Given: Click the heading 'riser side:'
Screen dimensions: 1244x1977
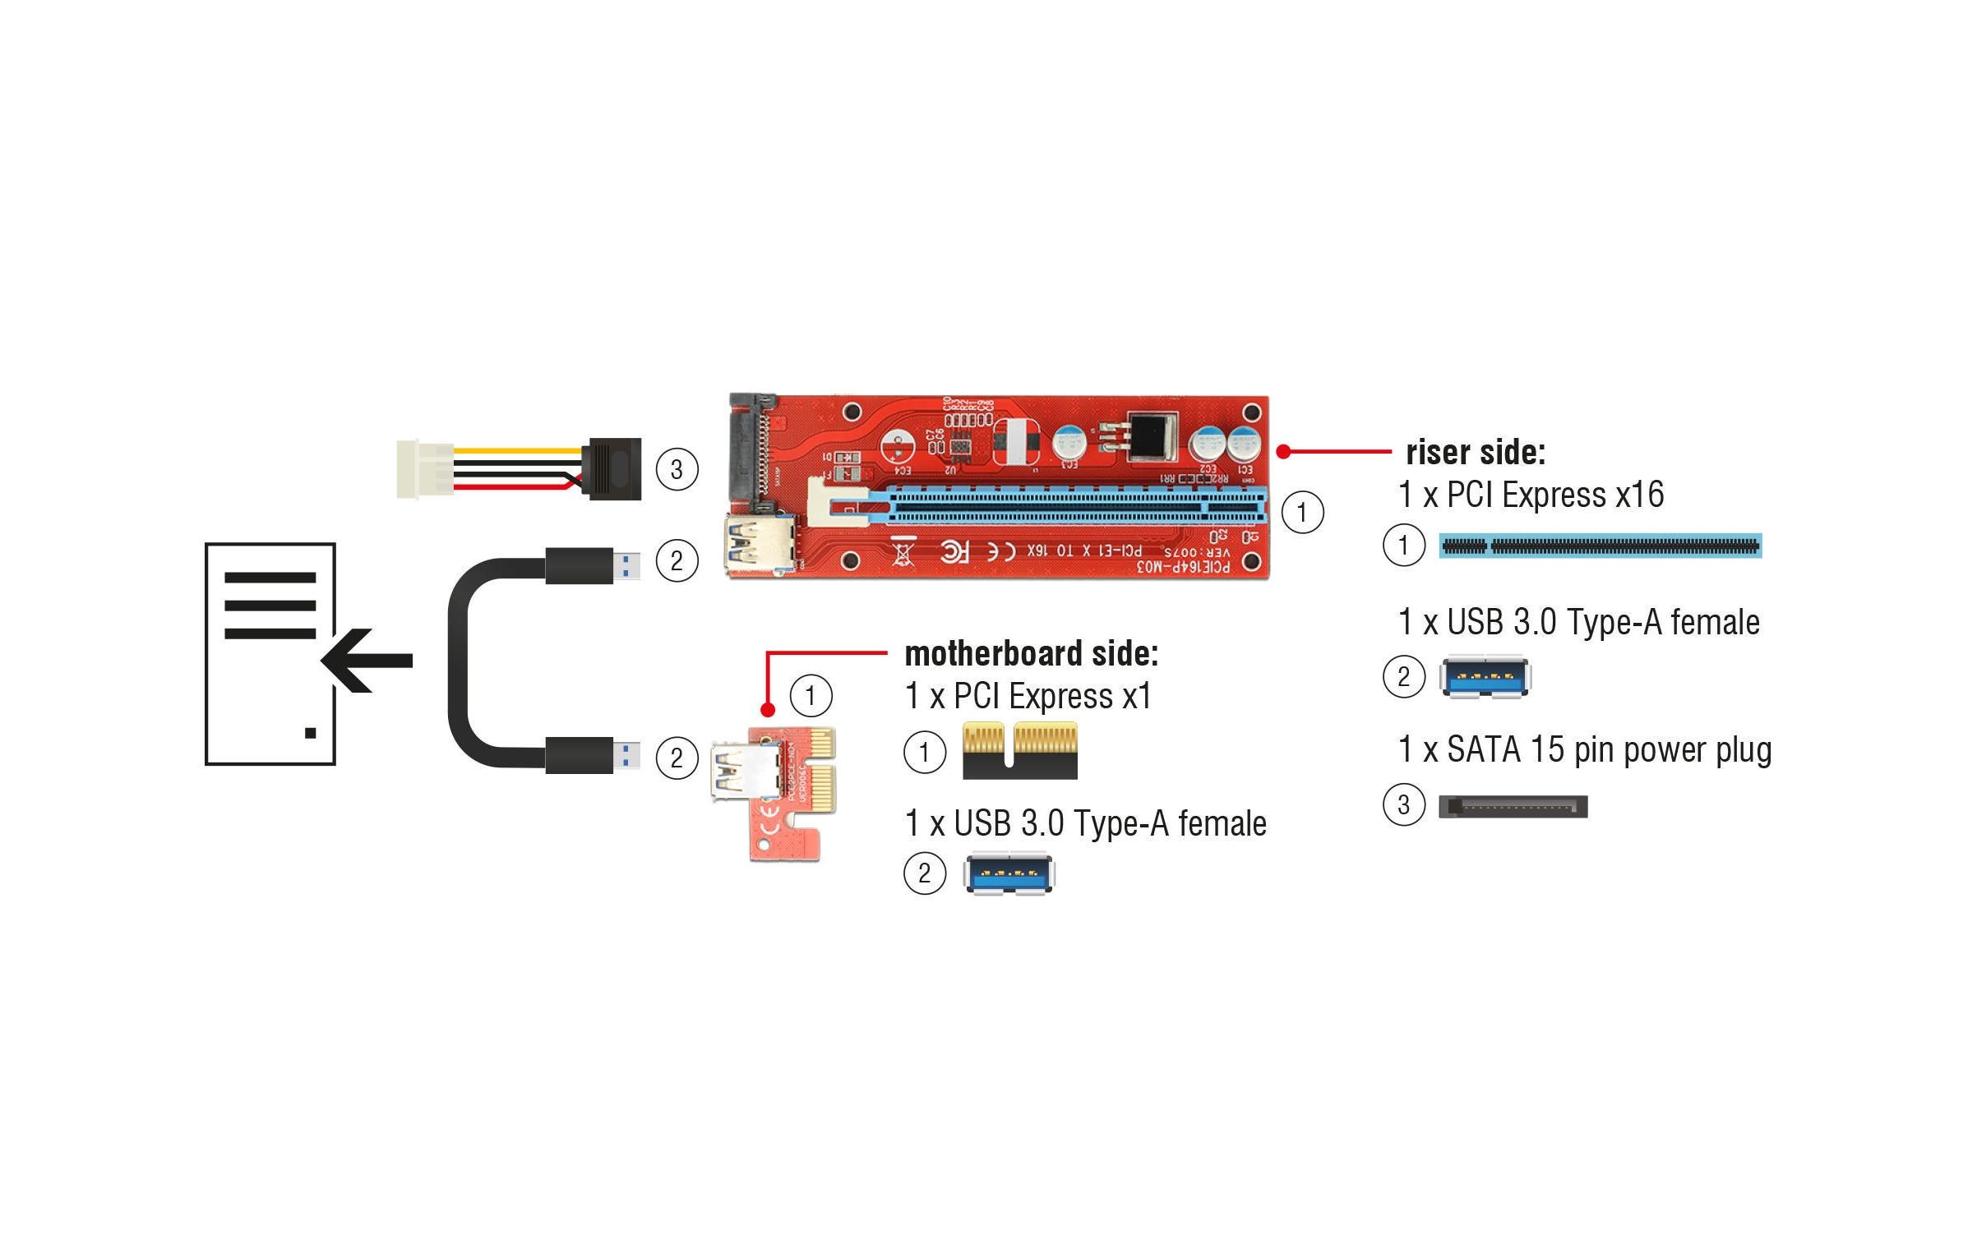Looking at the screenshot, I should [1475, 452].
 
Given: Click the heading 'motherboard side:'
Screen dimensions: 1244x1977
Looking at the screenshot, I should [1031, 653].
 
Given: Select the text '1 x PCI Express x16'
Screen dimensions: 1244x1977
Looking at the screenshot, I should [1531, 495].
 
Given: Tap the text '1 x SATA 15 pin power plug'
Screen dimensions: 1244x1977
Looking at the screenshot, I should [1584, 749].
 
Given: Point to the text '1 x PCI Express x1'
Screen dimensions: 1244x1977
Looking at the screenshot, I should [1028, 696].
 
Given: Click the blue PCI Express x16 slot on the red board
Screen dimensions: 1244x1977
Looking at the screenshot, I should [1069, 507].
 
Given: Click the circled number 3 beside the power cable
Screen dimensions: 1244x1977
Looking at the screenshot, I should [677, 469].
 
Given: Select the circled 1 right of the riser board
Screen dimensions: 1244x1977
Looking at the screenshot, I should [1302, 512].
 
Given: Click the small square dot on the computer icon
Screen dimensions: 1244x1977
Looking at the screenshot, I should [310, 733].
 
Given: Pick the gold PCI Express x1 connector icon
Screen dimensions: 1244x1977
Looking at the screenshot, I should [1019, 750].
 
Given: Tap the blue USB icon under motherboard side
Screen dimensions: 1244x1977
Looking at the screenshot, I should [1009, 874].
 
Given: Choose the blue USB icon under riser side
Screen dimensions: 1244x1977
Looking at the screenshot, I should [1485, 677].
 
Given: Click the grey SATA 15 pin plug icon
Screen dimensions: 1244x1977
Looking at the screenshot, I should [1513, 806].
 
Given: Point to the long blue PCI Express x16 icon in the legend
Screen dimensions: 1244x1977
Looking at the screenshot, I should [1600, 546].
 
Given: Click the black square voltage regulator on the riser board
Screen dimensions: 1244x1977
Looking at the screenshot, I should [1152, 435].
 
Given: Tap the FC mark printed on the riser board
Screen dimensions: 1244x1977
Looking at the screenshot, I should [955, 551].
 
